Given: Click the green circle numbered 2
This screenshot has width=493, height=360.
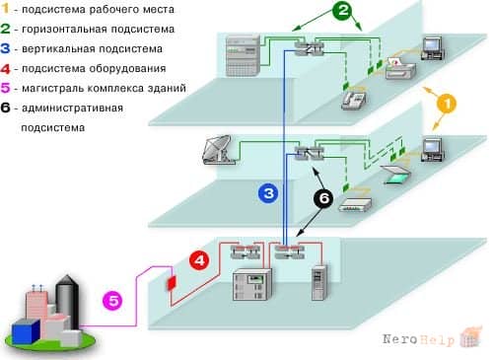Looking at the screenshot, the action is pyautogui.click(x=342, y=10).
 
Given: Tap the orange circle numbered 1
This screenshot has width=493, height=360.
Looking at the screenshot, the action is pyautogui.click(x=447, y=104).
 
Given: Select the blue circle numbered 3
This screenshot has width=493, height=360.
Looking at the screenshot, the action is pyautogui.click(x=268, y=193).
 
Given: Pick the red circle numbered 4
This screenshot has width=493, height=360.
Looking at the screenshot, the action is pyautogui.click(x=199, y=260).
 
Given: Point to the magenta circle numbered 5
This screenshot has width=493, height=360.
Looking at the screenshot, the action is pyautogui.click(x=112, y=301).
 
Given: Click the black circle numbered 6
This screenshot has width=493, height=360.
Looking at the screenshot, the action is pyautogui.click(x=323, y=198).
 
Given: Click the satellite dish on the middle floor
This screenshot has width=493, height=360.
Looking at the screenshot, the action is pyautogui.click(x=218, y=150).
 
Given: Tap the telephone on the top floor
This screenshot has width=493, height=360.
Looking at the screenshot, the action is pyautogui.click(x=354, y=99).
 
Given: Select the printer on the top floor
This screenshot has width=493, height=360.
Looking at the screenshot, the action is pyautogui.click(x=400, y=68).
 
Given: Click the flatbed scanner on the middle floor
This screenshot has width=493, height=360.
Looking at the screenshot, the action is pyautogui.click(x=395, y=174).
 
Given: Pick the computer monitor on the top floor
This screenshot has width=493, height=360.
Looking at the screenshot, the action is pyautogui.click(x=433, y=48).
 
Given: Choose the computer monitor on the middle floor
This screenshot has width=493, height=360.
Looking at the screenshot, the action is pyautogui.click(x=433, y=150).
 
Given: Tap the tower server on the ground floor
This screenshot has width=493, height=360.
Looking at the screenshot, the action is pyautogui.click(x=319, y=283).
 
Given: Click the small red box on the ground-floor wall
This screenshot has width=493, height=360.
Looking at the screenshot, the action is pyautogui.click(x=172, y=283).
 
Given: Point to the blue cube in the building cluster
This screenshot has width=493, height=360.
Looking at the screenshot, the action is pyautogui.click(x=26, y=331).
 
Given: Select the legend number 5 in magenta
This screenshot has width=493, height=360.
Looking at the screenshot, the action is pyautogui.click(x=6, y=88).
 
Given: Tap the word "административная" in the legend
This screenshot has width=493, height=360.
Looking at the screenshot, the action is pyautogui.click(x=72, y=108).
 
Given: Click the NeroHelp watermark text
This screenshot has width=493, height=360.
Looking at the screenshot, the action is pyautogui.click(x=419, y=339).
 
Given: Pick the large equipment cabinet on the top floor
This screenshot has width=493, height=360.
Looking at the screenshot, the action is pyautogui.click(x=244, y=56).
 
